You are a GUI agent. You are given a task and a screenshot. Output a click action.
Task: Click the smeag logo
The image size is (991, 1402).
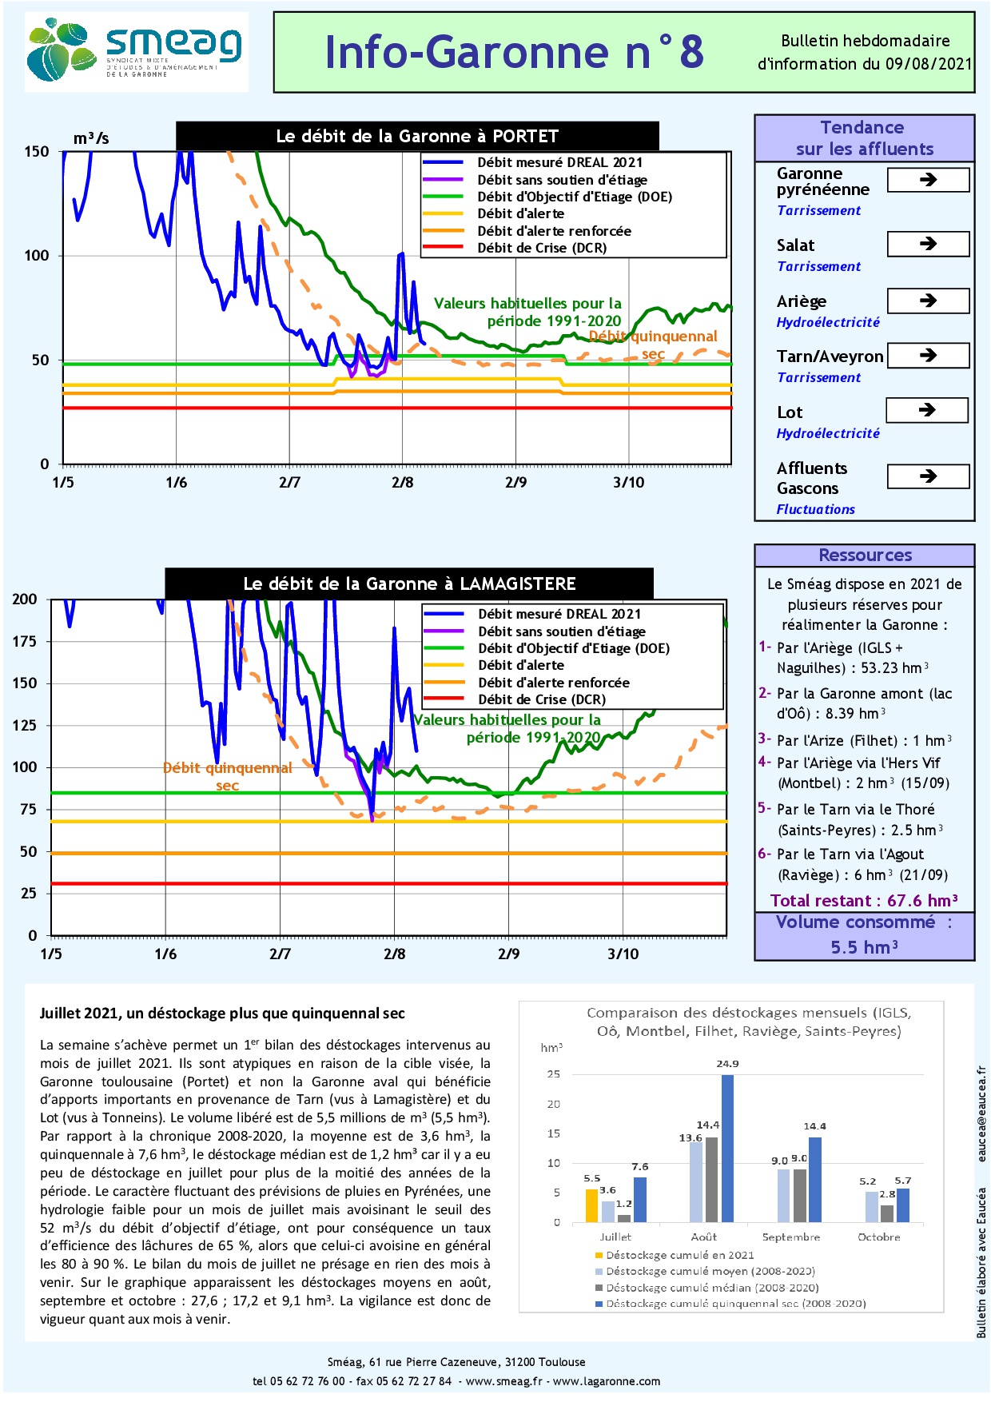click(136, 51)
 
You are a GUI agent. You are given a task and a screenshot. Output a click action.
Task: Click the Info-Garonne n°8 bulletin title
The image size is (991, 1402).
click(514, 53)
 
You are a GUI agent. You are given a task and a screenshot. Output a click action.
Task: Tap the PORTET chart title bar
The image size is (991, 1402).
click(417, 136)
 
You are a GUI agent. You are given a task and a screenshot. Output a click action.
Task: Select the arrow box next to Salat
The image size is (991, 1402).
click(928, 244)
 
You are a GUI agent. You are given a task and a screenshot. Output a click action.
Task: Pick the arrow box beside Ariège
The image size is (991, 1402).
click(928, 301)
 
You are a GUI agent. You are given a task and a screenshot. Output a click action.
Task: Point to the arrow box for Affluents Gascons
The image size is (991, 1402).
click(928, 476)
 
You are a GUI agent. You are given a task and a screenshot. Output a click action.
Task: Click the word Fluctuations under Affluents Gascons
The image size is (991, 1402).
click(815, 509)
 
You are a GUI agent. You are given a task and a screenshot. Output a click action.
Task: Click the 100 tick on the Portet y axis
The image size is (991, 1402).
click(37, 256)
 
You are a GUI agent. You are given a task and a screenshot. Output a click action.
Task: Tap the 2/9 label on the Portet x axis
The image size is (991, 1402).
click(515, 482)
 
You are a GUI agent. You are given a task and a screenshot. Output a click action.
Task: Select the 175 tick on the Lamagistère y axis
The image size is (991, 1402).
click(25, 641)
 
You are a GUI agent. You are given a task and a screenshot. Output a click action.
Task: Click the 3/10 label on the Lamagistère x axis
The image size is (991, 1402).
click(623, 954)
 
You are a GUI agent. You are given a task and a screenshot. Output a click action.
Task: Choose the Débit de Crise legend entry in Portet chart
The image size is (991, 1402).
click(541, 248)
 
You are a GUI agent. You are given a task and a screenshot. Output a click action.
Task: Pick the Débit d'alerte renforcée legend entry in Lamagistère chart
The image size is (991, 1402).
click(553, 683)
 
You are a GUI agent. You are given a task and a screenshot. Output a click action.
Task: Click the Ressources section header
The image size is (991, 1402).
click(865, 556)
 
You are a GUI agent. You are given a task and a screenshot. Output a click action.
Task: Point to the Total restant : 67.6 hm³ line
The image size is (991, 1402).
click(863, 901)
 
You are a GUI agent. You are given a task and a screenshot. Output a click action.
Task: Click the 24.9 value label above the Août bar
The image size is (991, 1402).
click(727, 1064)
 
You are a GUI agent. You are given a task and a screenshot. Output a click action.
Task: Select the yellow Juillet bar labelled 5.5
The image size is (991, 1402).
click(591, 1205)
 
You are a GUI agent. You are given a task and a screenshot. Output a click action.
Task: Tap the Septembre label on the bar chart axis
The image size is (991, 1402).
click(790, 1237)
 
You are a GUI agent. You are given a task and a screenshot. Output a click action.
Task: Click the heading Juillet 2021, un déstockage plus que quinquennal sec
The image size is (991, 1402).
click(222, 1014)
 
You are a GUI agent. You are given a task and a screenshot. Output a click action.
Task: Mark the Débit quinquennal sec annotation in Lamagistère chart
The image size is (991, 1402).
click(227, 776)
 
